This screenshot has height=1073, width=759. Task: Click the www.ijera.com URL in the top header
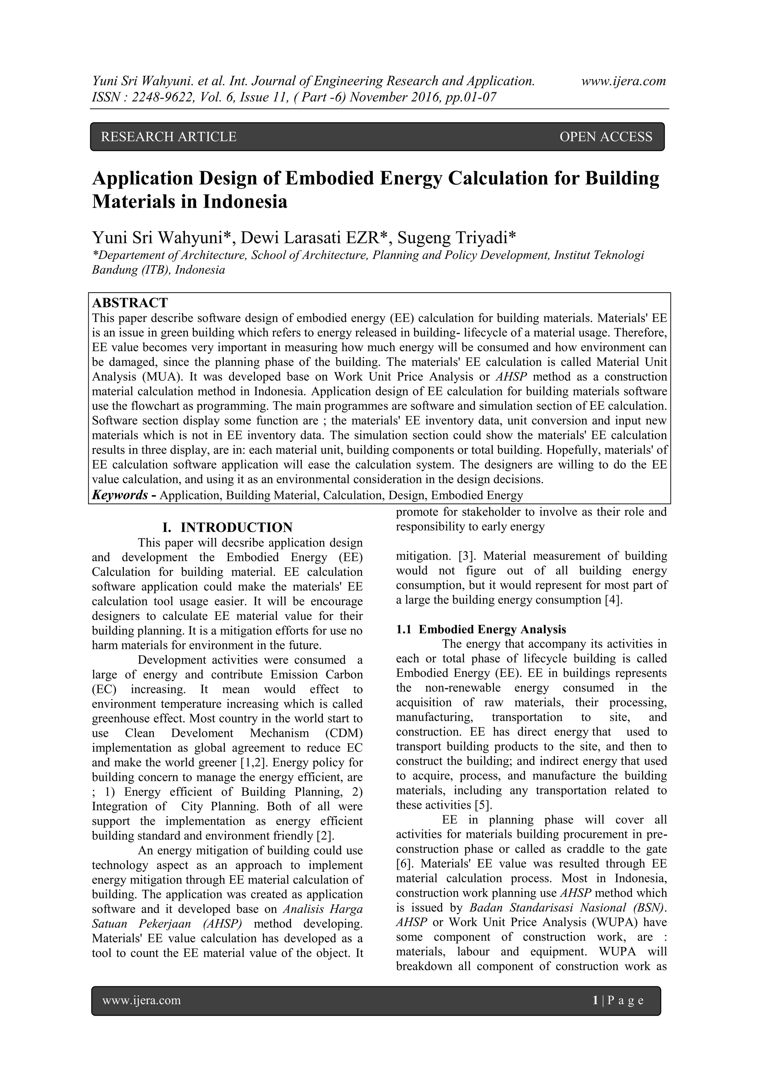(x=623, y=81)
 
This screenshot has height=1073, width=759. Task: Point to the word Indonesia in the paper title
(x=245, y=202)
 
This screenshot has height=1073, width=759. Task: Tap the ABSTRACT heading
(x=130, y=303)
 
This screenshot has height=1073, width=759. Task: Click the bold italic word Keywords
(x=120, y=495)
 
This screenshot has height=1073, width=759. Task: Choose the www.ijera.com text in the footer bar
(x=141, y=1000)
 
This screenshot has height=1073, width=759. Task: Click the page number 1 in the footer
(x=595, y=1000)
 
